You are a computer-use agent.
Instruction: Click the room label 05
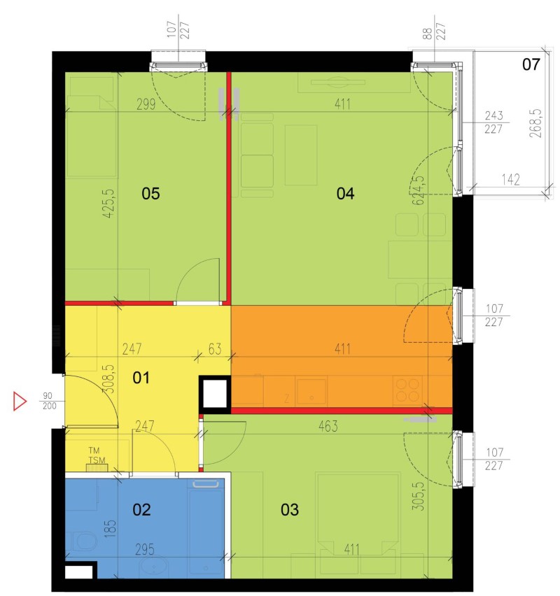coord(150,194)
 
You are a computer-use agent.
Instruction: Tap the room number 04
coord(345,194)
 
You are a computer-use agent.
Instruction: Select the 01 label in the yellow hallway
coord(141,378)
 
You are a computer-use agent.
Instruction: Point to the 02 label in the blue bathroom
coord(141,509)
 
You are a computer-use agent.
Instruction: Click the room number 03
coord(290,509)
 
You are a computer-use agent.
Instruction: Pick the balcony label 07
coord(531,64)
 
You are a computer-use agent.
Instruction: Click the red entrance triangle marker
coord(20,401)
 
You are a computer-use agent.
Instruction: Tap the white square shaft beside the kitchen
coord(215,395)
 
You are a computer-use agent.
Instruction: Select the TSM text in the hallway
coord(97,460)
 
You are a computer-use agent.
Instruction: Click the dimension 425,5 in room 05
coord(108,204)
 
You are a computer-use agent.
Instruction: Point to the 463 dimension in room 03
coord(328,426)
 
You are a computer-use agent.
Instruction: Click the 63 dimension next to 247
coord(215,349)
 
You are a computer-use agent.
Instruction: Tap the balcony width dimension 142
coord(510,179)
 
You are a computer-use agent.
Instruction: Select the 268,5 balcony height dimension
coord(535,123)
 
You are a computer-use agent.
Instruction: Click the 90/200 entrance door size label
coord(50,401)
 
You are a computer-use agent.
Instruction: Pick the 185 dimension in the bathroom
coord(110,528)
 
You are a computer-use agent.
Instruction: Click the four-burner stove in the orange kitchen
coord(407,390)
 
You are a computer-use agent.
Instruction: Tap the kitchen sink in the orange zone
coord(311,392)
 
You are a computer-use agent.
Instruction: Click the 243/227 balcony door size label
coord(493,122)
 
